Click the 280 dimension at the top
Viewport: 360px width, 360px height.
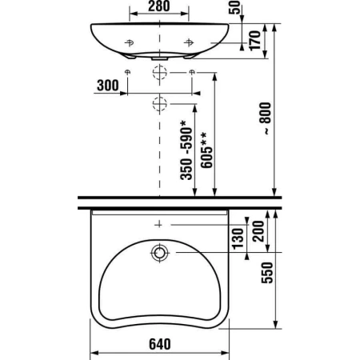point(159,7)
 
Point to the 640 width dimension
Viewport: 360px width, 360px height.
point(158,344)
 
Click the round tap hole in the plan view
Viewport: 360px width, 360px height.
point(160,254)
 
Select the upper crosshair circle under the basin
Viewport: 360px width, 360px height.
point(160,73)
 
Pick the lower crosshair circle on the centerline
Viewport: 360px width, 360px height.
point(160,102)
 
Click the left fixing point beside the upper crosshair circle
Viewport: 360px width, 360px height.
point(128,73)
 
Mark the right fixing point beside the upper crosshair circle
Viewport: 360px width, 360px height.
point(193,73)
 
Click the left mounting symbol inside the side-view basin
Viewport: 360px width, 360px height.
point(130,41)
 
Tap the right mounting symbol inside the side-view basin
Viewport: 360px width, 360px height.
point(189,41)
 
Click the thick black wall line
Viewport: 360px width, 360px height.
point(179,199)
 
